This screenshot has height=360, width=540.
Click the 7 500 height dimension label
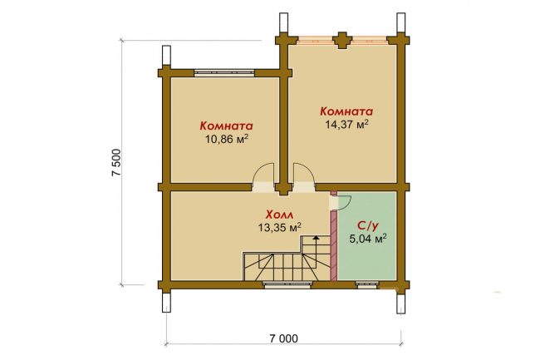click(x=116, y=162)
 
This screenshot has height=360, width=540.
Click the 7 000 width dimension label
click(x=284, y=338)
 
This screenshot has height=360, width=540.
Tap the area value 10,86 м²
click(x=227, y=139)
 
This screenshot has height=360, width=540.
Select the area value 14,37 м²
click(x=346, y=125)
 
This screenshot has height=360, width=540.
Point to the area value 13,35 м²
click(x=280, y=227)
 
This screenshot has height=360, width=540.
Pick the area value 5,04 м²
click(x=367, y=239)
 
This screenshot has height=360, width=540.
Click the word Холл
click(x=280, y=215)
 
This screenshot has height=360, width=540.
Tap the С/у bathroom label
click(x=367, y=225)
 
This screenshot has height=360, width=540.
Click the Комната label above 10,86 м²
click(x=227, y=126)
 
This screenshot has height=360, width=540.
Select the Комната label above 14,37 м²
click(x=346, y=111)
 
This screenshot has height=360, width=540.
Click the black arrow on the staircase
click(x=316, y=237)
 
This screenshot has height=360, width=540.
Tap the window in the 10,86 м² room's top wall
click(x=224, y=72)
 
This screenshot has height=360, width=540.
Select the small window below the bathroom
click(x=366, y=284)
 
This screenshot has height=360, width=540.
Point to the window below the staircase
click(x=287, y=284)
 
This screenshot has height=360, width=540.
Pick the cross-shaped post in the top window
click(x=343, y=40)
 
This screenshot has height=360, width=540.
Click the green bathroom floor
click(x=366, y=255)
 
